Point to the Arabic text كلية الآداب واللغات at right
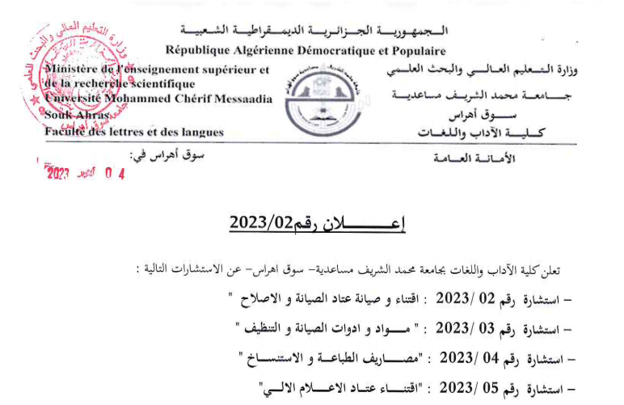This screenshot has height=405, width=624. (x=484, y=132)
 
